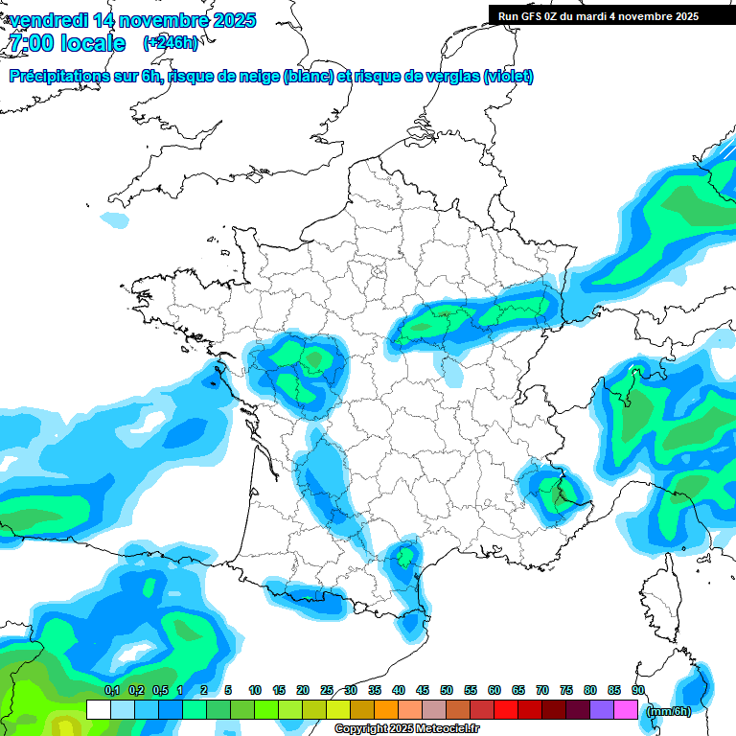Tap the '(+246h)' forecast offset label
point(171,42)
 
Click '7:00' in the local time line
point(31,42)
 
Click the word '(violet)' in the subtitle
point(509,77)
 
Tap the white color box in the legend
point(98,710)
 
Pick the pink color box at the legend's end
point(626,710)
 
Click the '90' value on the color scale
point(638,690)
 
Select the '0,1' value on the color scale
point(111,690)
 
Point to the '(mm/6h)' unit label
point(669,711)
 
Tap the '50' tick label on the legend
point(447,690)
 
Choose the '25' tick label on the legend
point(327,690)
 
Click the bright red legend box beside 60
point(506,710)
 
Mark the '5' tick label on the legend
point(228,690)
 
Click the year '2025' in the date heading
point(228,20)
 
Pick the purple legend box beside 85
point(602,710)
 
